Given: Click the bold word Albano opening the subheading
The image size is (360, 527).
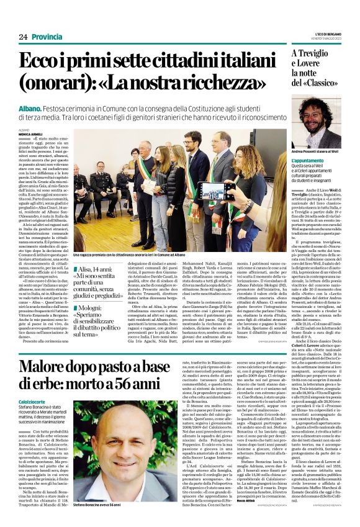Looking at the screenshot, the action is [32, 108].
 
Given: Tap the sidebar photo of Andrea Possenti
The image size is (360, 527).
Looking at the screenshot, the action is [317, 122].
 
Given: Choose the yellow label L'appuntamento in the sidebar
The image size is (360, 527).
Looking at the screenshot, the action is [308, 161].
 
